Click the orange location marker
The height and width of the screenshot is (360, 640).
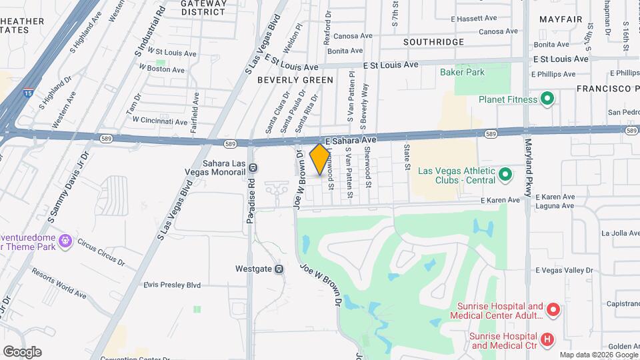[320, 159]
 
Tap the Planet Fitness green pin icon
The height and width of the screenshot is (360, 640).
[547, 99]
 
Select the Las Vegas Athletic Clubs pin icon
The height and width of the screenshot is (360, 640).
[505, 175]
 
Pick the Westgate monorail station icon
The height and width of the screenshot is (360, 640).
[279, 269]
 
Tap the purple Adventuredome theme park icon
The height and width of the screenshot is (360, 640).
[65, 240]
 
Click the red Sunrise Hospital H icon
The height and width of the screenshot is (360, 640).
[547, 340]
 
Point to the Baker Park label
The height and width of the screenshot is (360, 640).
[462, 72]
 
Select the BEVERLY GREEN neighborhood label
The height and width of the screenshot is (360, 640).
[295, 80]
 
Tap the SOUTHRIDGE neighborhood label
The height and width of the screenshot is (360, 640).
[433, 42]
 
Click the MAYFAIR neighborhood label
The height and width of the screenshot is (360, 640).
[561, 19]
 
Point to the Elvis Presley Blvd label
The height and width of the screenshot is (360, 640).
[172, 285]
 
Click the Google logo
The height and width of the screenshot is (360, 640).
[22, 352]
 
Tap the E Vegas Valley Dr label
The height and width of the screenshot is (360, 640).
[564, 270]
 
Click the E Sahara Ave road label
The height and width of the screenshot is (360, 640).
[352, 141]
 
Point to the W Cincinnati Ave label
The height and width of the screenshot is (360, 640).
[159, 121]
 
